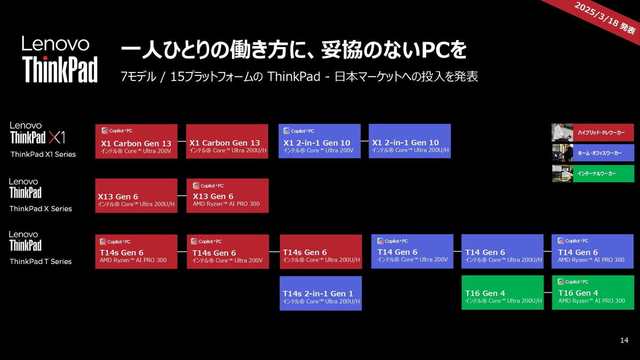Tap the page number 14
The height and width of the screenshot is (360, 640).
tap(625, 340)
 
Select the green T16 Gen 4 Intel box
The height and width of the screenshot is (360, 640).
tap(502, 293)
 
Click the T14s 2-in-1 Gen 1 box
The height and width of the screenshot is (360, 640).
tap(321, 293)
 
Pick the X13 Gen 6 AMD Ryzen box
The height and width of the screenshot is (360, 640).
tap(227, 196)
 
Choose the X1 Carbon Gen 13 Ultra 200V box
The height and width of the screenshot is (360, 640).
tap(137, 141)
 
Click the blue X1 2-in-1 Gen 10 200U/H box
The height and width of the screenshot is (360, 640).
tap(410, 141)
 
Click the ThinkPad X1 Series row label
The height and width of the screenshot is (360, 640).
tap(43, 154)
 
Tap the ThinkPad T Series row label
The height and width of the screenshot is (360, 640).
tap(41, 261)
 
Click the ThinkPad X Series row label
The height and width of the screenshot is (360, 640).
tap(41, 209)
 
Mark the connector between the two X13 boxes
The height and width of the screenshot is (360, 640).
tap(182, 196)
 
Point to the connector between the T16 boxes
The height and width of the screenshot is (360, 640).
tap(548, 293)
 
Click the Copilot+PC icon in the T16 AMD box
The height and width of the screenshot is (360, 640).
tap(561, 282)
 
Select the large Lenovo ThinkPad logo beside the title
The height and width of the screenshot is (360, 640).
tap(60, 59)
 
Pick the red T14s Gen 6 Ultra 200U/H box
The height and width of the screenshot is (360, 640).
tap(321, 252)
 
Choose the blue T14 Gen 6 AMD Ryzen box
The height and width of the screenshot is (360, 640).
tap(593, 251)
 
